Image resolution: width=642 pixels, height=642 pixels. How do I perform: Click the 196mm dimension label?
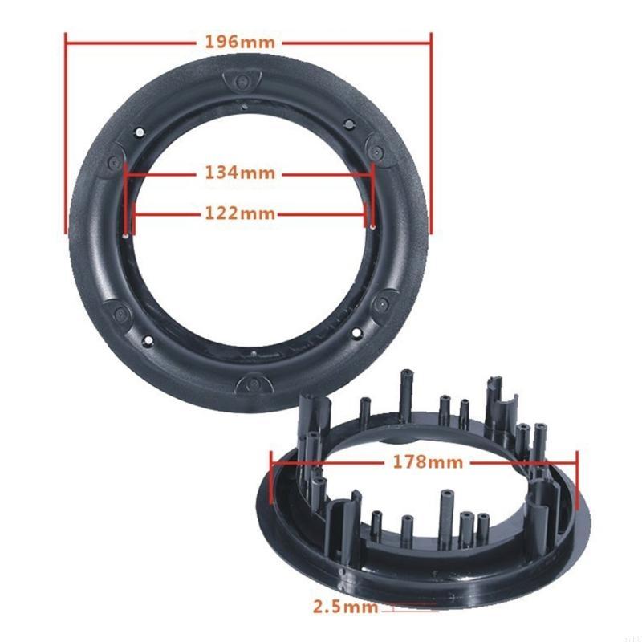tap(248, 41)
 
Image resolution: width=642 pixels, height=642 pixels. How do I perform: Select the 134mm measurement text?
tap(240, 173)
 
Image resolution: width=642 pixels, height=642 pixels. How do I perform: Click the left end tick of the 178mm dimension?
tap(273, 473)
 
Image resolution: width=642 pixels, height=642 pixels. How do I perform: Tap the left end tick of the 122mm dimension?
tap(133, 213)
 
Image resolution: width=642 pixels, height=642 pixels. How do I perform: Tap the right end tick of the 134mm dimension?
tap(374, 185)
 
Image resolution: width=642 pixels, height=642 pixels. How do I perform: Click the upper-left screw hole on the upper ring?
tap(138, 130)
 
